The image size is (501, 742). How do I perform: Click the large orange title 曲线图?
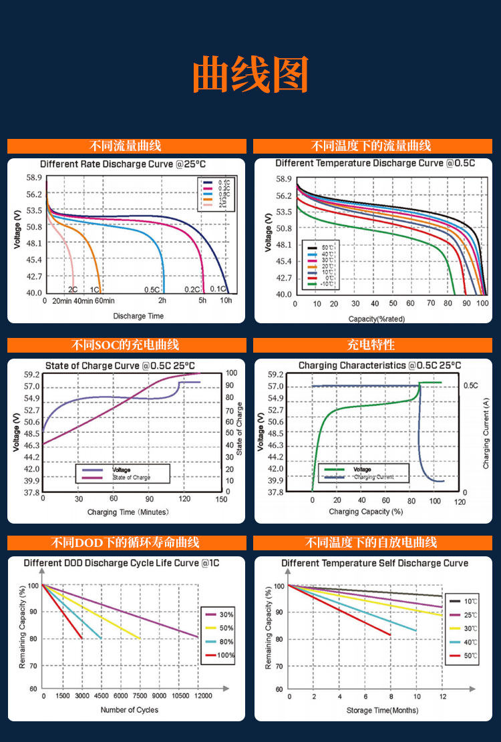click(x=251, y=75)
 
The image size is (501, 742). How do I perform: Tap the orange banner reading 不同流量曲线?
click(x=126, y=146)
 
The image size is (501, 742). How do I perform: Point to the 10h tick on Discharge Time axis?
click(x=226, y=301)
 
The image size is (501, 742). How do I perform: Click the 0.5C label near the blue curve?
click(x=152, y=290)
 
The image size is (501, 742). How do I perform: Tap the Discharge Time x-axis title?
click(x=138, y=316)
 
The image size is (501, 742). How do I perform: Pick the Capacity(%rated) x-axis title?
click(x=377, y=319)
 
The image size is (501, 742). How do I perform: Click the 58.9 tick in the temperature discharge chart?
click(x=284, y=179)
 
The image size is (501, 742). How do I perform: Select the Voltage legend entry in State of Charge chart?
click(x=121, y=470)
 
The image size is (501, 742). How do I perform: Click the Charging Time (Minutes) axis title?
click(x=128, y=512)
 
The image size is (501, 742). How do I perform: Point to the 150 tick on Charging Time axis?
click(x=221, y=499)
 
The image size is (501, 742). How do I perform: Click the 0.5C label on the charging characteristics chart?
click(x=470, y=385)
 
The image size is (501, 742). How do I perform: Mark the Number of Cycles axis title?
click(x=130, y=709)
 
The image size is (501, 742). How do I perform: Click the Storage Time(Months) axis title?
click(x=378, y=710)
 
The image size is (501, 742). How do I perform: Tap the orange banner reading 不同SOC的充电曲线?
click(x=126, y=345)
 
